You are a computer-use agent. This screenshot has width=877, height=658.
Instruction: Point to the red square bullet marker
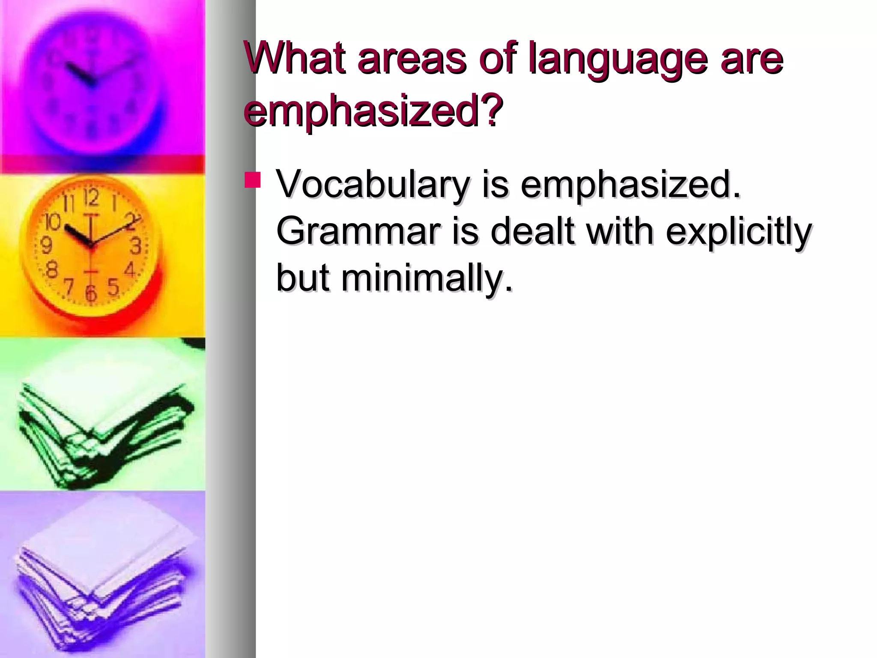(x=252, y=180)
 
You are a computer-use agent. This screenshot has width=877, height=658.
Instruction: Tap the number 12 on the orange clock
(x=91, y=198)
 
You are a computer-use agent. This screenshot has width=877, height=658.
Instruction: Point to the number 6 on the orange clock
(x=91, y=293)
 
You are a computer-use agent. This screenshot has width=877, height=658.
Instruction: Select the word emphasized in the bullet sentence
(x=630, y=185)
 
